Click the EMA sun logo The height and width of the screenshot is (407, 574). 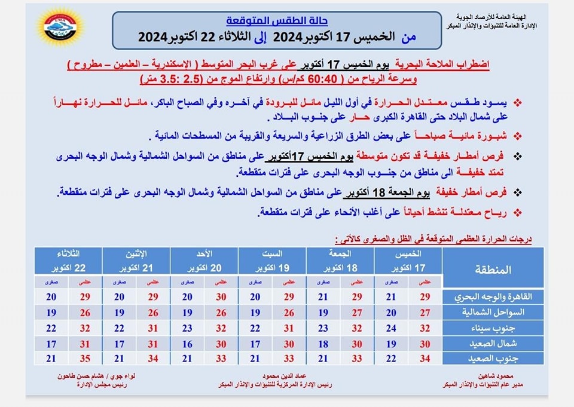coord(59,27)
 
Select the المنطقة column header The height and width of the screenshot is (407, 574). coord(495,269)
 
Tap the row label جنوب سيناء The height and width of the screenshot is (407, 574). coord(495,328)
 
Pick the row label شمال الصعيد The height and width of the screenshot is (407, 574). coord(495,344)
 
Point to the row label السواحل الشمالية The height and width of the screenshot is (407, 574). coord(495,313)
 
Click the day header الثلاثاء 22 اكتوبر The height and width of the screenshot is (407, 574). coord(68,261)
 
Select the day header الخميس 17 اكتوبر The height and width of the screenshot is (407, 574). coord(408,261)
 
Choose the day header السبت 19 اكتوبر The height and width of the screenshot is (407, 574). coord(272,261)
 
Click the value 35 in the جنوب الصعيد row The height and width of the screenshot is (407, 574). coord(85,359)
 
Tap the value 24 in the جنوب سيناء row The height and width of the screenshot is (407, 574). coord(391,328)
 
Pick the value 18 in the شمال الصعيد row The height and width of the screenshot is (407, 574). coord(323,344)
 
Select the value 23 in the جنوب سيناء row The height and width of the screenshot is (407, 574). coord(187,328)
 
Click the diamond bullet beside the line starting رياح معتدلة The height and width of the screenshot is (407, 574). coord(517,212)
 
